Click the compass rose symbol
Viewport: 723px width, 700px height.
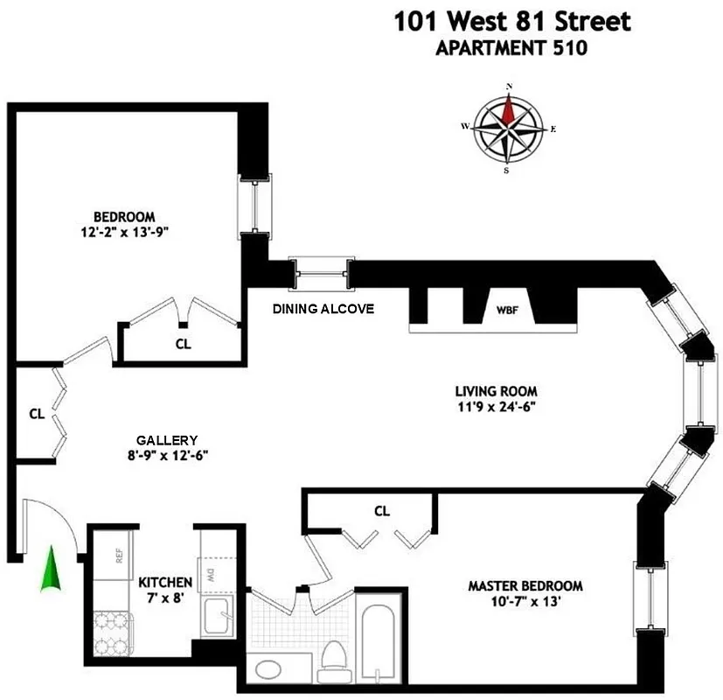(x=508, y=129)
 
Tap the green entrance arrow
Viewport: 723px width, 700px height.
(x=52, y=569)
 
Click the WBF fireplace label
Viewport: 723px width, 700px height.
(x=507, y=309)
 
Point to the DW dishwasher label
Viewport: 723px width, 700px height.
(x=211, y=577)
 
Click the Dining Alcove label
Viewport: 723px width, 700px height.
(x=323, y=309)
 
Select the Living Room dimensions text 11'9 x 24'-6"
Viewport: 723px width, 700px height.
(x=495, y=407)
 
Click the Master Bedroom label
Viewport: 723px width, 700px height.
(x=525, y=586)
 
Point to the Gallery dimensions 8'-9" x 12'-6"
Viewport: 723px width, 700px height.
(x=166, y=455)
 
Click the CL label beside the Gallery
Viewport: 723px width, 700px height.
(x=37, y=413)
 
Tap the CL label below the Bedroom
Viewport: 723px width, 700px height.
(x=183, y=344)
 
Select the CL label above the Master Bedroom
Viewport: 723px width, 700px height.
(x=381, y=510)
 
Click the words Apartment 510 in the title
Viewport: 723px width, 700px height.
(x=511, y=49)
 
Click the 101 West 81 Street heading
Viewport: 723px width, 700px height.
(x=511, y=21)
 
